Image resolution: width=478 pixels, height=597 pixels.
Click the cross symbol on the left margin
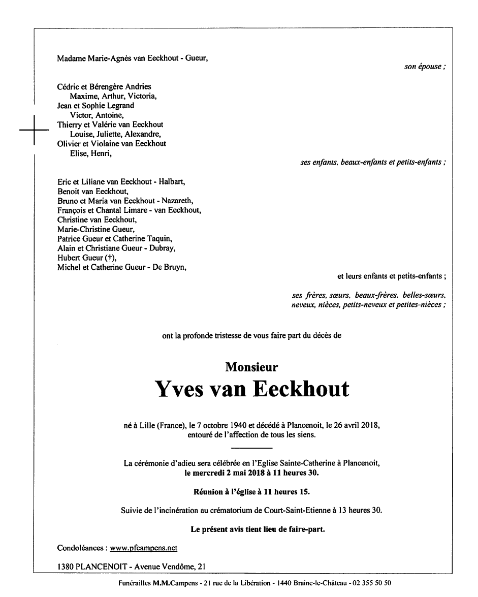[34, 131]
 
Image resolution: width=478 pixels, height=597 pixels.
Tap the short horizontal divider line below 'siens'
[252, 448]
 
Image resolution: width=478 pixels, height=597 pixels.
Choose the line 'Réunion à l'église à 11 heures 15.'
[251, 491]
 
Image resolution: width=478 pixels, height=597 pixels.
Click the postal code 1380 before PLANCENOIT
[66, 566]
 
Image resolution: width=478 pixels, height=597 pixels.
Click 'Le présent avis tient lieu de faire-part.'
[258, 529]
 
